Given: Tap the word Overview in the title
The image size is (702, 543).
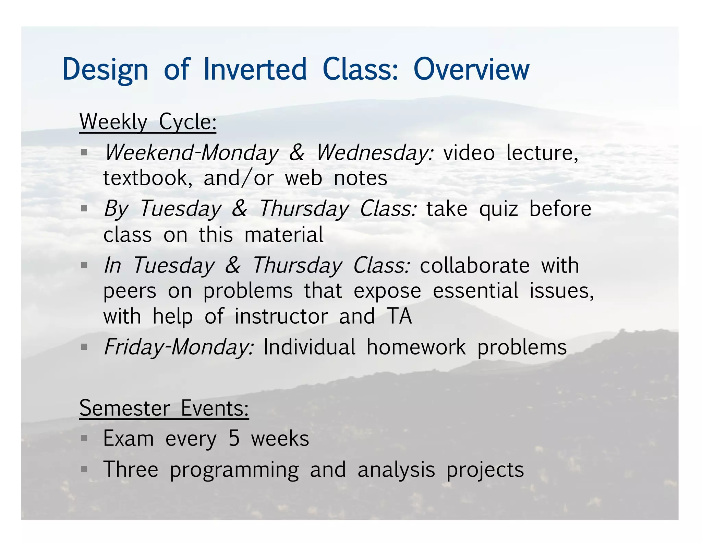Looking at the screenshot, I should pos(471,69).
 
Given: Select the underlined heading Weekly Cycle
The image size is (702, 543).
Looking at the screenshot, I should pos(148,122).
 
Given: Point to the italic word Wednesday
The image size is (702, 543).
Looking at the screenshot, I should pos(375,153).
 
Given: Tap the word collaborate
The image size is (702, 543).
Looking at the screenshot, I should pos(475,266).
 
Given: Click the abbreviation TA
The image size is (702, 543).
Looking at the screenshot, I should pos(399,316).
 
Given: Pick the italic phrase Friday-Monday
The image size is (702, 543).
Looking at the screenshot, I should pos(179,347).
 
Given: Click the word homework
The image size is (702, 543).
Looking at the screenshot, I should pos(416,347).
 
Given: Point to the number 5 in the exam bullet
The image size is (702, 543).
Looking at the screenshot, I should pos(234,439).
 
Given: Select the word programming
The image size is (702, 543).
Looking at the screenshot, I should pos(234,470).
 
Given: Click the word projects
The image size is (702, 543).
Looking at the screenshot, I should pos(485,470).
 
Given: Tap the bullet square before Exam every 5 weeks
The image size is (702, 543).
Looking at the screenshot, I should pos(84,438).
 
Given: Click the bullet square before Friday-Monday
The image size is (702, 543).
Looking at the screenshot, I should pos(84,347).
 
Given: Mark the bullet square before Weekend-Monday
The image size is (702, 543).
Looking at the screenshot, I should pos(84,152).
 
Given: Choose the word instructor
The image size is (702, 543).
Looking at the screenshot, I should pos(281,316).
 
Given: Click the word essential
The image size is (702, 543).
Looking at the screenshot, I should pos(475,291).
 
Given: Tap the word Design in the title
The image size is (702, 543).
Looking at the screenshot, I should pos(105,70).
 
